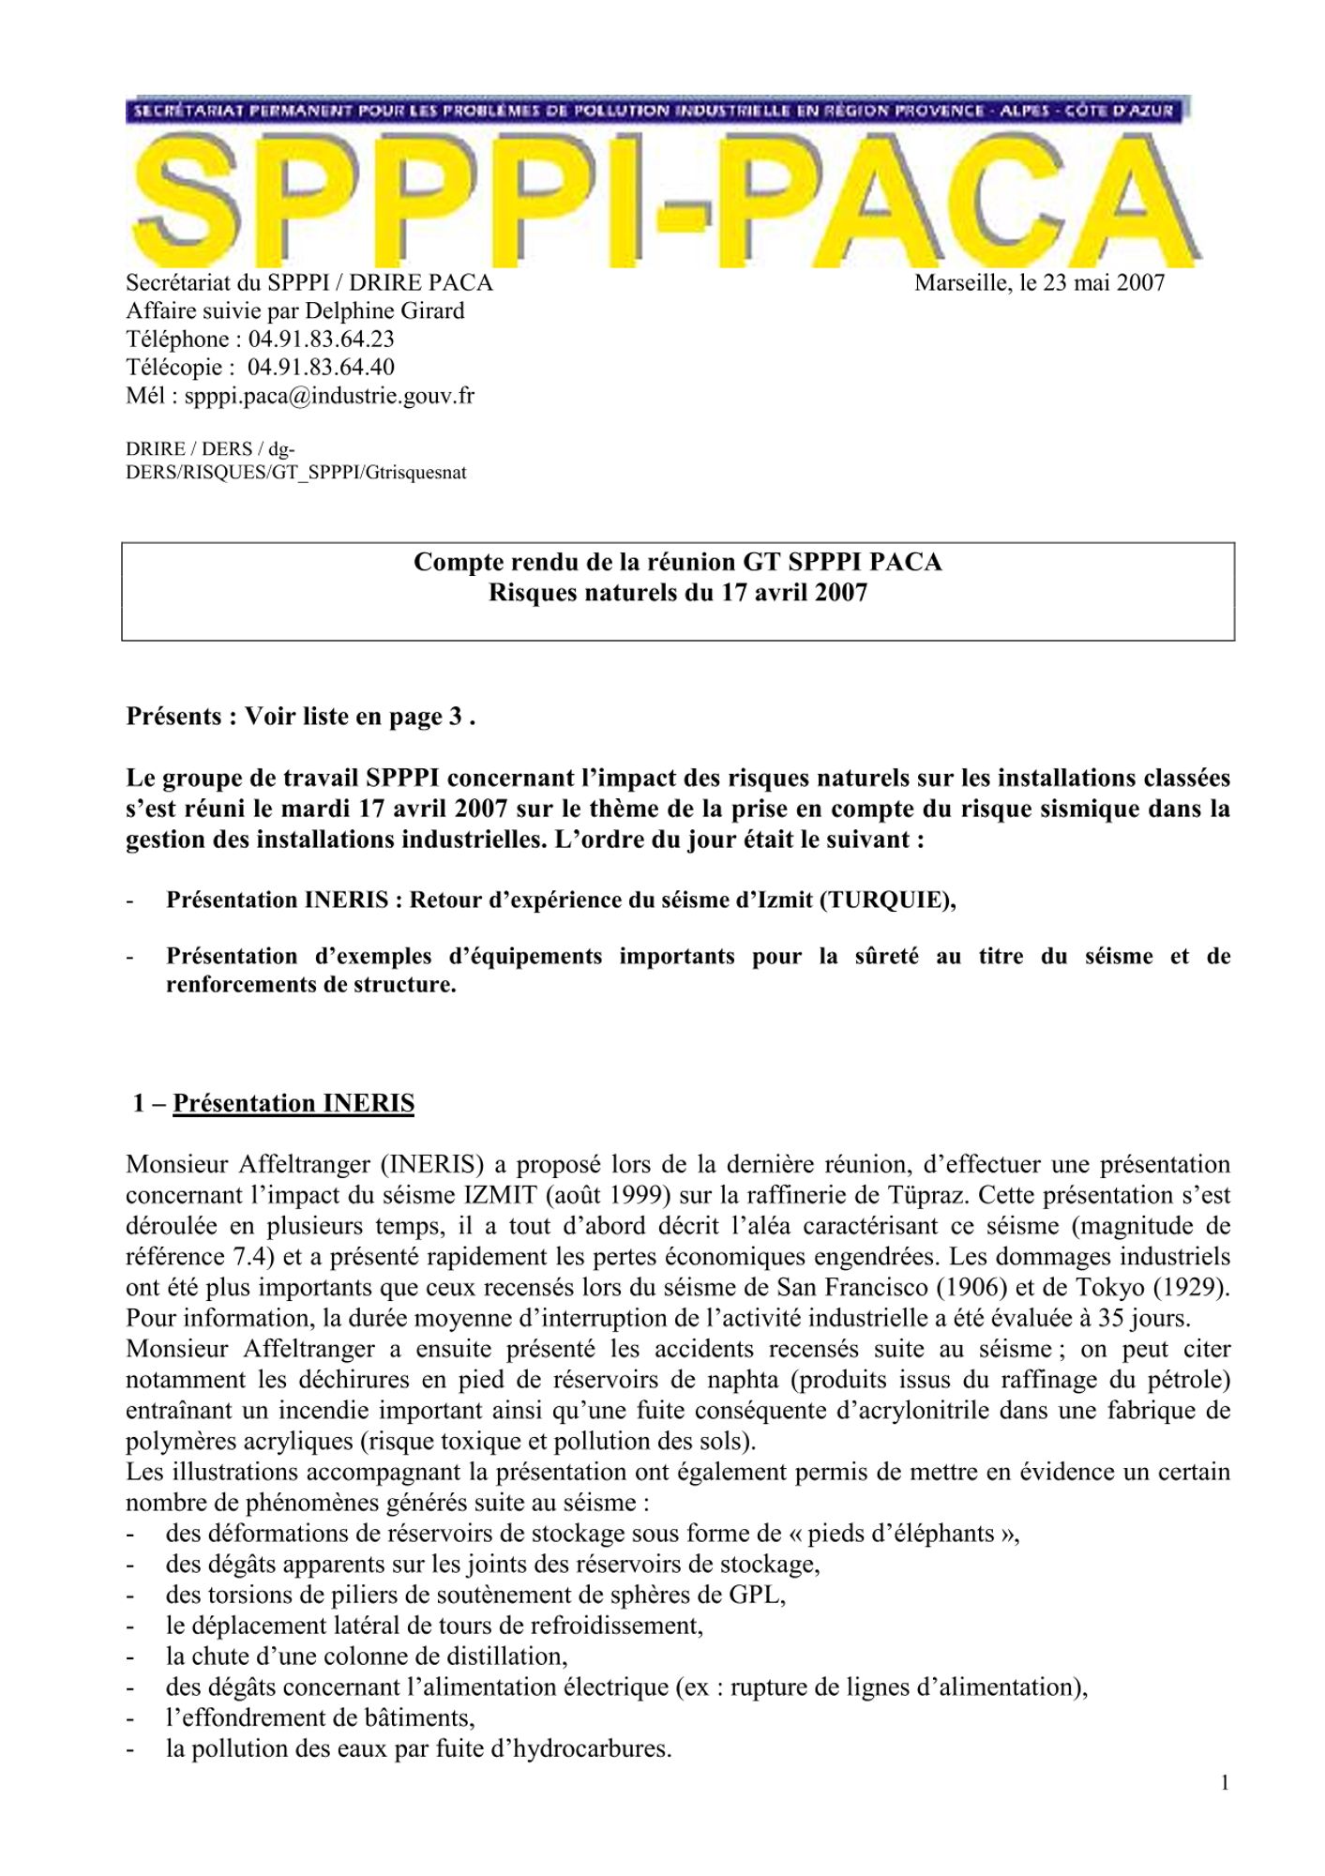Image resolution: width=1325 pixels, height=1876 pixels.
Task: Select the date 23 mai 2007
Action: click(1103, 282)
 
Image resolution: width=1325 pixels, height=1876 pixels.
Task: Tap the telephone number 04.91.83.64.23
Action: click(321, 339)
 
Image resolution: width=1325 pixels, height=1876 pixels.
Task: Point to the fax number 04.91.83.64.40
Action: click(321, 367)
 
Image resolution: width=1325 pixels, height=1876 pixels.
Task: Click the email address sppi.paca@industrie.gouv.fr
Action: click(329, 395)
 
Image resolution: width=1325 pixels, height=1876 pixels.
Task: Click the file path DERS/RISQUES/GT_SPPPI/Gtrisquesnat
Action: click(296, 472)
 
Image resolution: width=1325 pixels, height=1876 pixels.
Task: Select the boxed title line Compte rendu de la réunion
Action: click(677, 562)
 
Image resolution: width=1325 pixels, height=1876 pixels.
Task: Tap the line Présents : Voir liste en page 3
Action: click(300, 717)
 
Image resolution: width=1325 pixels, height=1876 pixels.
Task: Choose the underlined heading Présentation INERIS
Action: click(294, 1103)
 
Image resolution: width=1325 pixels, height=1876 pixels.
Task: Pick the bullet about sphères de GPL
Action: click(475, 1595)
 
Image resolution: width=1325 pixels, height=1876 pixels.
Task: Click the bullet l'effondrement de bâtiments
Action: click(320, 1717)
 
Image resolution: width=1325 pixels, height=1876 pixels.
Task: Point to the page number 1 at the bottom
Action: click(1225, 1783)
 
